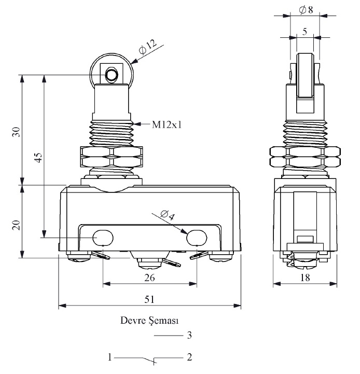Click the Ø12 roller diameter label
click(148, 47)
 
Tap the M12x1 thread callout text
click(167, 124)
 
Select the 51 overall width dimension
click(149, 299)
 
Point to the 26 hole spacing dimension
click(149, 278)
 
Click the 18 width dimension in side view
click(305, 278)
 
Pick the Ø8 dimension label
click(306, 10)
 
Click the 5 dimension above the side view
click(304, 31)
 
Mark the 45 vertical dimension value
click(38, 157)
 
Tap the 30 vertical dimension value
click(16, 132)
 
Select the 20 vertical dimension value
click(16, 225)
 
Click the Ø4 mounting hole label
click(168, 215)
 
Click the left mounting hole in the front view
click(103, 238)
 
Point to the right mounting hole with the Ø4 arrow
click(197, 238)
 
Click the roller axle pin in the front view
click(112, 75)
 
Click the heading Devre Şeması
click(149, 321)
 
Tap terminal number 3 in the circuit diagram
click(189, 336)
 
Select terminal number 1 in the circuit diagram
click(109, 357)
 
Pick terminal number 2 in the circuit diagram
click(189, 357)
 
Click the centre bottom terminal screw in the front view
click(149, 263)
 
